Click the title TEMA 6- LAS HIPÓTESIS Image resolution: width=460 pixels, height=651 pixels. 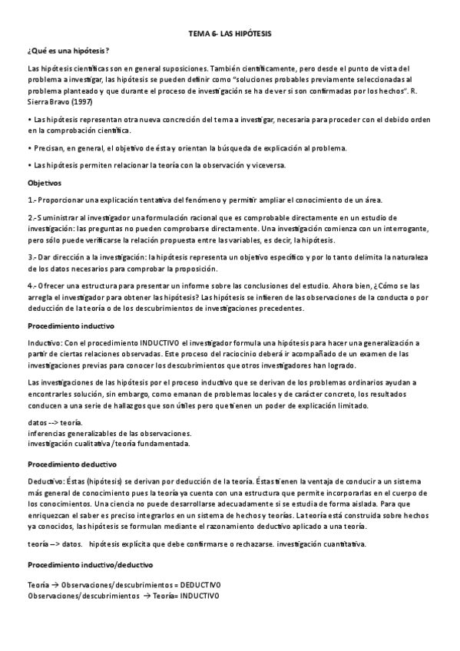(230, 35)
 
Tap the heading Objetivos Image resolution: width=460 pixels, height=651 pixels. (45, 183)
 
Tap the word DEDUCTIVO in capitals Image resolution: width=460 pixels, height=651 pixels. (196, 584)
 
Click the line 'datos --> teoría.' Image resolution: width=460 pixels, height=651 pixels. (56, 423)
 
